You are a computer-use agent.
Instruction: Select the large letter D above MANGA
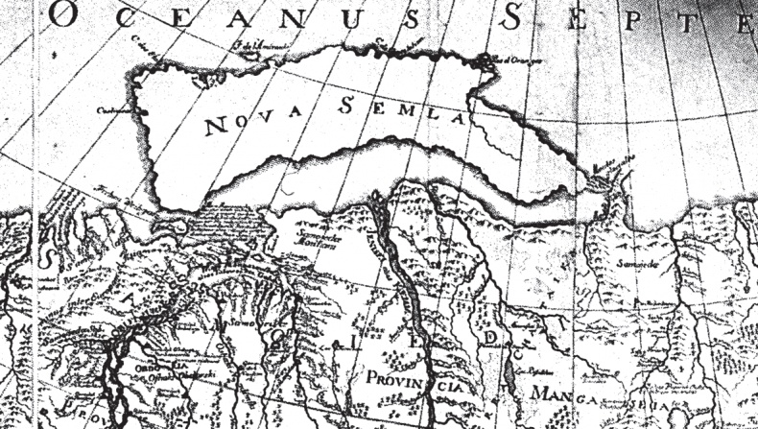click(491, 339)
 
